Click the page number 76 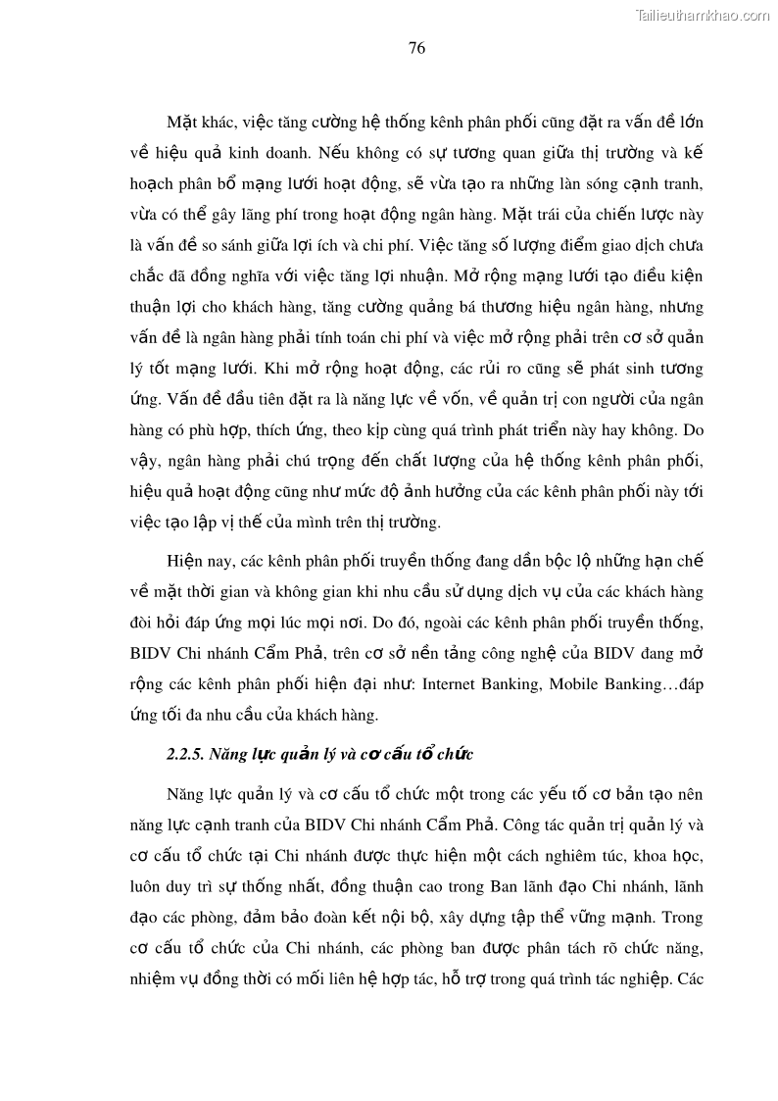[x=415, y=48]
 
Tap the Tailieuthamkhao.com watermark [x=703, y=15]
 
